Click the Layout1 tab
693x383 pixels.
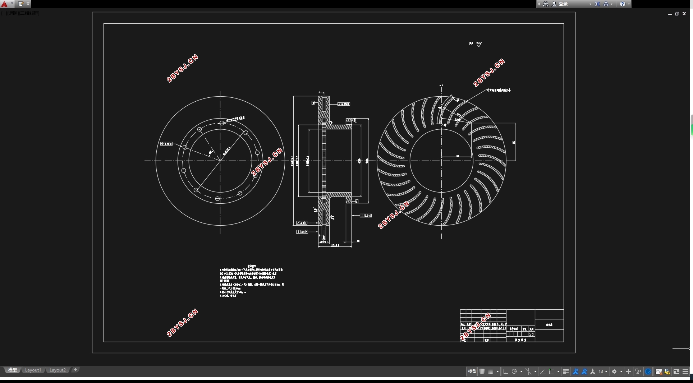coord(33,370)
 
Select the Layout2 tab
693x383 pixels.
coord(58,370)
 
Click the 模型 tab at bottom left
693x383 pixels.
coord(13,370)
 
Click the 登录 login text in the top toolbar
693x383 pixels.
coord(563,4)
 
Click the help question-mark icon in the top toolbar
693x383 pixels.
coord(623,4)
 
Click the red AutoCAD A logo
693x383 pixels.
coord(4,4)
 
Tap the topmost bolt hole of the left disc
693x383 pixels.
coord(222,123)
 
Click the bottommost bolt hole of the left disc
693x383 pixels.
coord(217,199)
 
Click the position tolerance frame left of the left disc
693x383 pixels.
coord(166,144)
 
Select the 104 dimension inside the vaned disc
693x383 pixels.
coord(457,156)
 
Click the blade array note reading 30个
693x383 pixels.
coord(499,91)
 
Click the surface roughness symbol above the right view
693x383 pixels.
coord(478,44)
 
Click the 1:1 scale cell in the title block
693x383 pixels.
coord(531,334)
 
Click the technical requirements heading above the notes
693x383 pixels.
coord(251,266)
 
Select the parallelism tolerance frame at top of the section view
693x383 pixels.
coord(344,104)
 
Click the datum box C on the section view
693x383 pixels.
coord(357,201)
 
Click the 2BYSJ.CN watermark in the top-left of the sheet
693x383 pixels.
coord(182,68)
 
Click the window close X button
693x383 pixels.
coord(684,14)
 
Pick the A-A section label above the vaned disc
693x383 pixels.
coord(441,85)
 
